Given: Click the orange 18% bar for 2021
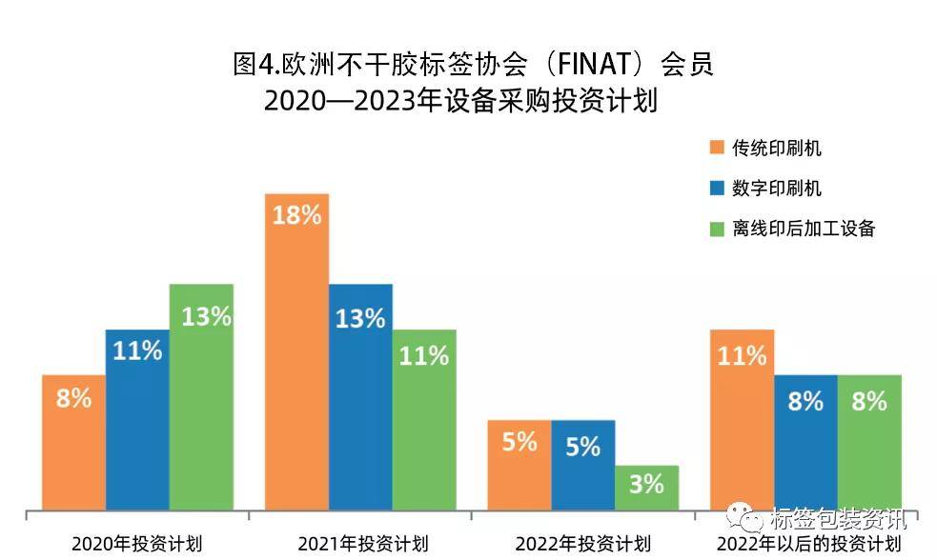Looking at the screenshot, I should (x=296, y=352).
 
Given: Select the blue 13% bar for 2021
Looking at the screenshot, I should (x=360, y=400).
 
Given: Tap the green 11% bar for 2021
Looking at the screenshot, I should (x=424, y=419).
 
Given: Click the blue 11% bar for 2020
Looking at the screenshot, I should (x=137, y=419).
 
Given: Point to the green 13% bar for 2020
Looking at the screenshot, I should (x=201, y=400).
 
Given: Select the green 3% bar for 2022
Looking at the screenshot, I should (x=646, y=487).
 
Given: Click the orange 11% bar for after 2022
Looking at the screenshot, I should (x=743, y=419).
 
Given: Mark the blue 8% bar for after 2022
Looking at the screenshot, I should (x=805, y=443).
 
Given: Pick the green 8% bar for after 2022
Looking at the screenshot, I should (x=869, y=443).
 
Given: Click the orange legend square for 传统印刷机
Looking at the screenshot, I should (x=716, y=148).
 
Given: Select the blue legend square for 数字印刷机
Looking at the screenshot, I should (x=716, y=189).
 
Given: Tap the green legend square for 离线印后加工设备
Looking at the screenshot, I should (x=716, y=229).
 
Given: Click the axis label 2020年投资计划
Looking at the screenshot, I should (x=136, y=545).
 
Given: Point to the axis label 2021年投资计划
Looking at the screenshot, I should (x=361, y=545).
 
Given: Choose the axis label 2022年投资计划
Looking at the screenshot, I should (x=582, y=545).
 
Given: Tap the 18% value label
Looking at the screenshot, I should (x=296, y=215).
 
